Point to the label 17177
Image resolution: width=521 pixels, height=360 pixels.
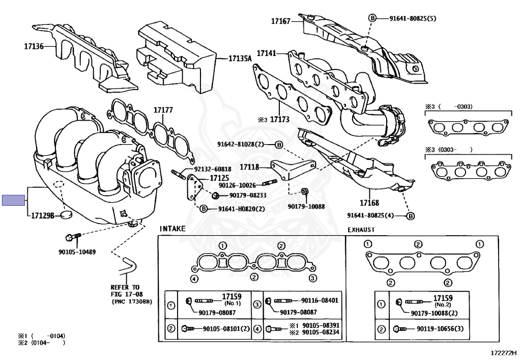[164, 109]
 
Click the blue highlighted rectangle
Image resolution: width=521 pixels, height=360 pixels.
[13, 200]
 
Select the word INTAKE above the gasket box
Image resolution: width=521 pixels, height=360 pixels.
[172, 229]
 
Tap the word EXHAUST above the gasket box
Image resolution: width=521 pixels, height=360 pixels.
[361, 230]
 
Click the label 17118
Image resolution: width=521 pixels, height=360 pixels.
[249, 167]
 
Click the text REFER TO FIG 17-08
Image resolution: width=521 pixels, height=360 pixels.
[125, 290]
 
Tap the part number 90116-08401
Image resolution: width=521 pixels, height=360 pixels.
[320, 300]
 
